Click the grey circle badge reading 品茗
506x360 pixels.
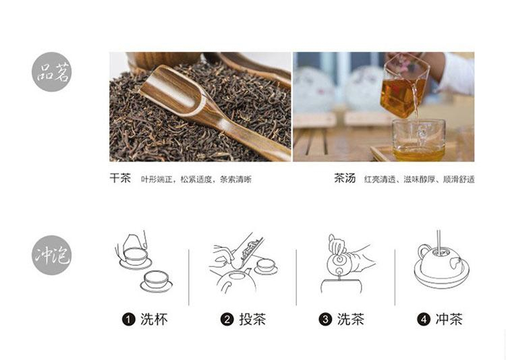pyautogui.click(x=51, y=72)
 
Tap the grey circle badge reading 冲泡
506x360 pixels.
pyautogui.click(x=51, y=255)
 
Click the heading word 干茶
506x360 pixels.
pyautogui.click(x=120, y=178)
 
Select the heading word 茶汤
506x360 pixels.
pyautogui.click(x=345, y=178)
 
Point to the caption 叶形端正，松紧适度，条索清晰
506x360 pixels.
pyautogui.click(x=196, y=179)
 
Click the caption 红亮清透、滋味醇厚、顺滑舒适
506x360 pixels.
pyautogui.click(x=419, y=179)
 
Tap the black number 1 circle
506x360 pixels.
pyautogui.click(x=128, y=320)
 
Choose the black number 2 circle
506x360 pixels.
pyautogui.click(x=227, y=320)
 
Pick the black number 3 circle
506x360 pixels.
pyautogui.click(x=325, y=320)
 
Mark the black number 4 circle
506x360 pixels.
pyautogui.click(x=424, y=320)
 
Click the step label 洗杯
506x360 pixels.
pyautogui.click(x=154, y=320)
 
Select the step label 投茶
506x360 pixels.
pyautogui.click(x=252, y=320)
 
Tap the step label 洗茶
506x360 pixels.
pyautogui.click(x=351, y=320)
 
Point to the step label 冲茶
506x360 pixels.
pyautogui.click(x=449, y=320)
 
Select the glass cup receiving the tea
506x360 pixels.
pyautogui.click(x=418, y=140)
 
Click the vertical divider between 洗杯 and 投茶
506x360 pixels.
pyautogui.click(x=189, y=278)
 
